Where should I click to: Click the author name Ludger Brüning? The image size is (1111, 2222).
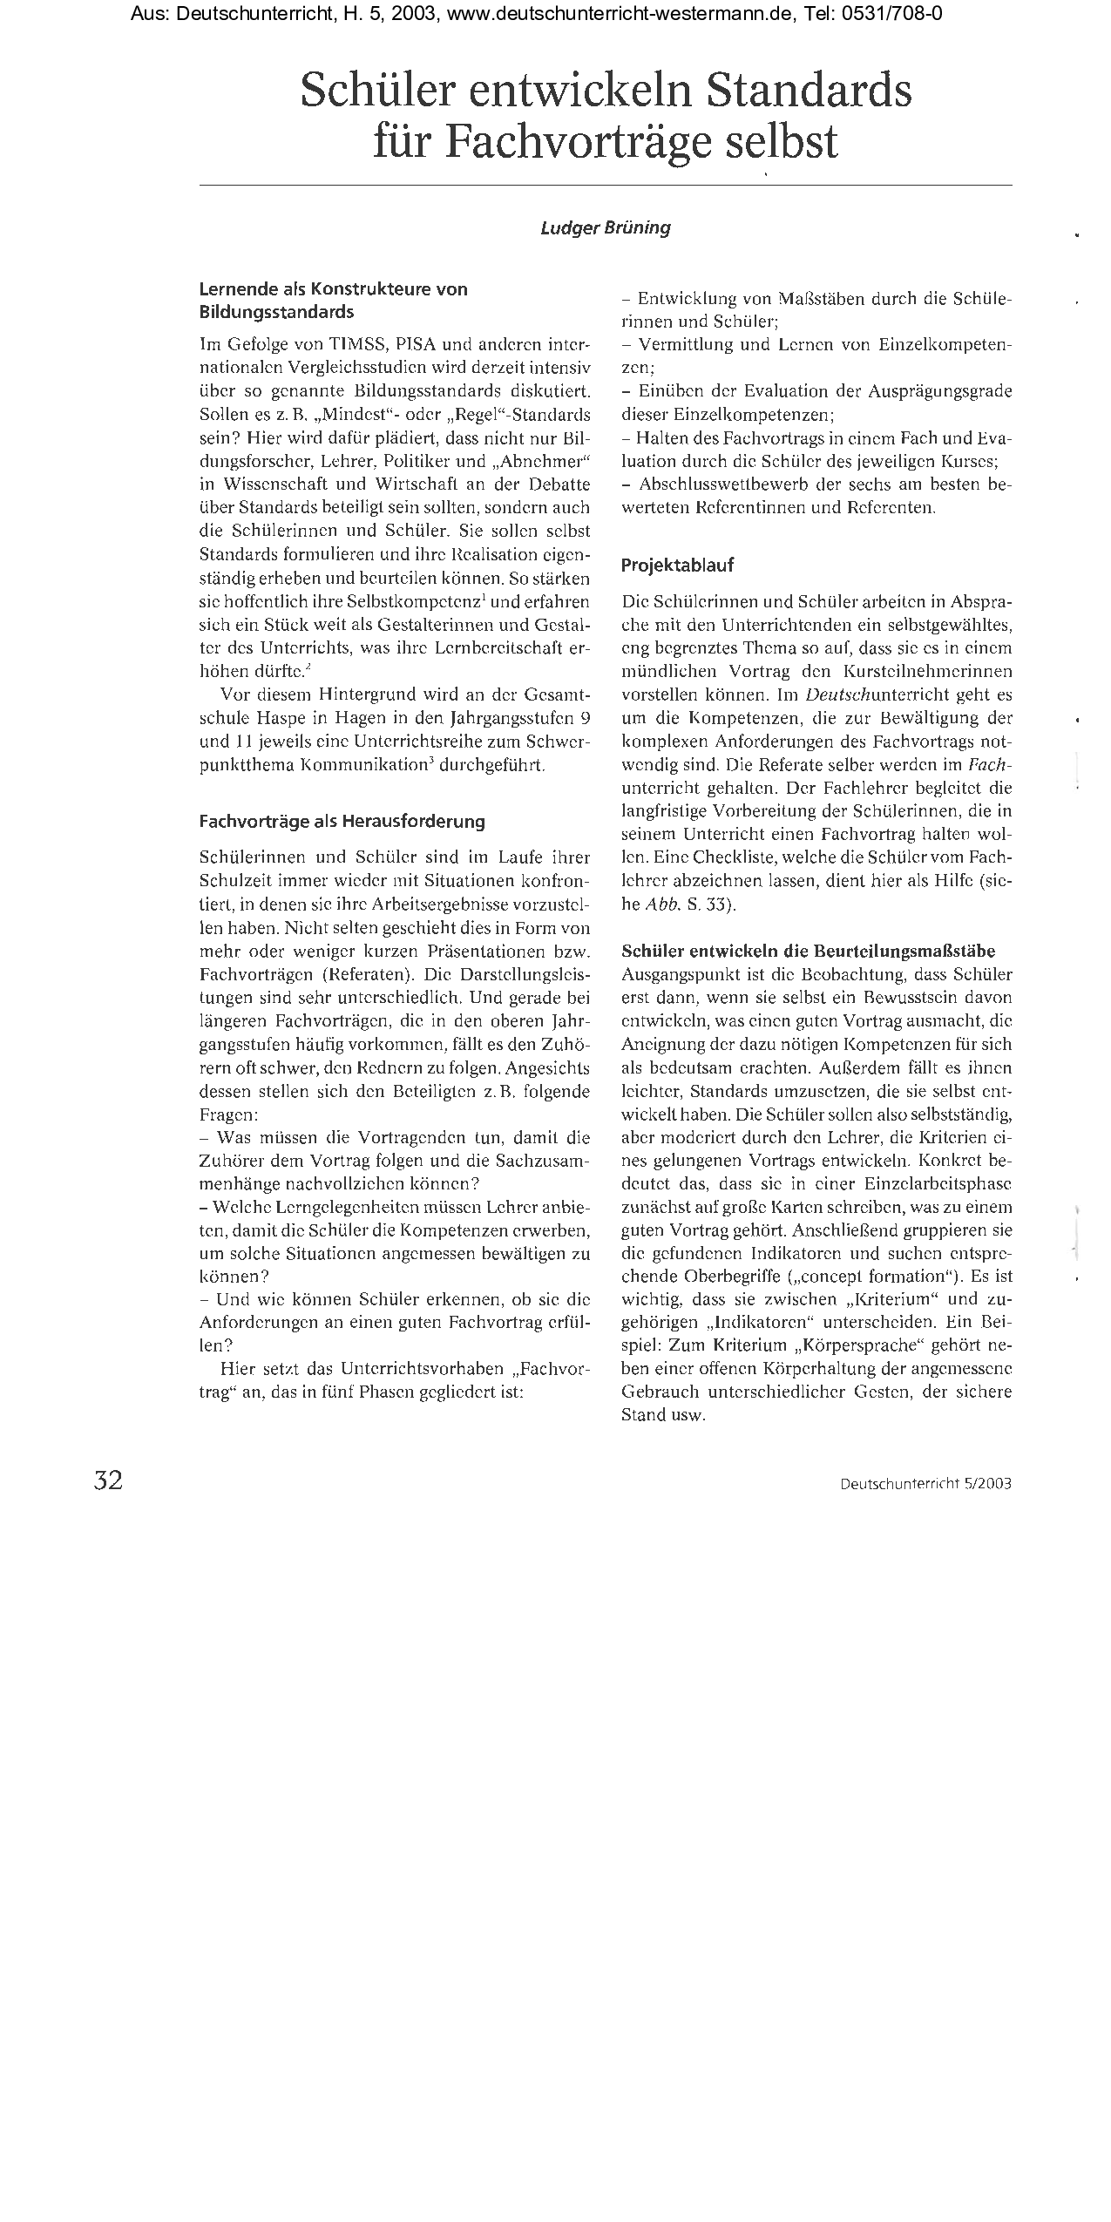(x=606, y=228)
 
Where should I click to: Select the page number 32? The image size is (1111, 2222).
(x=108, y=1480)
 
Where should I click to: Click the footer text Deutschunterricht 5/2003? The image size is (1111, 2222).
(x=925, y=1483)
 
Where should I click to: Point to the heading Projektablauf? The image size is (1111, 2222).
(x=677, y=566)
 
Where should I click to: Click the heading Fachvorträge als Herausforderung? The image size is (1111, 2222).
(x=342, y=821)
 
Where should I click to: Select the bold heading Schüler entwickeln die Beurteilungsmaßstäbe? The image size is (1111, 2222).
(x=808, y=951)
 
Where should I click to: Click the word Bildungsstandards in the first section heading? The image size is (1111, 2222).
(x=276, y=311)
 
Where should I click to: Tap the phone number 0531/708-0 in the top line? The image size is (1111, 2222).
(x=900, y=14)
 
